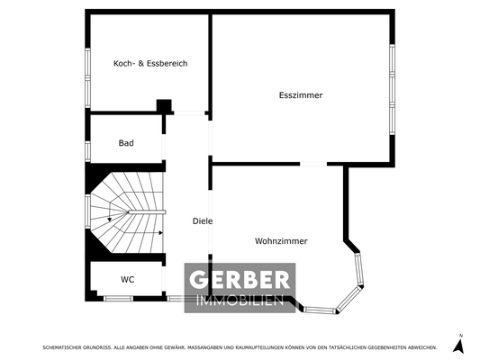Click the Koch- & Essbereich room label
pyautogui.click(x=149, y=64)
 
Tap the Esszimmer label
pyautogui.click(x=301, y=95)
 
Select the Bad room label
pyautogui.click(x=127, y=143)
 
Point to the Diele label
pyautogui.click(x=202, y=221)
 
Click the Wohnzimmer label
pyautogui.click(x=281, y=241)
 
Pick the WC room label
pyautogui.click(x=127, y=279)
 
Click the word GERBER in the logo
pyautogui.click(x=239, y=280)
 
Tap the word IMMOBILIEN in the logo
pyautogui.click(x=239, y=301)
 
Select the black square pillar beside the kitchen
pyautogui.click(x=164, y=106)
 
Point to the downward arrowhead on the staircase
pyautogui.click(x=109, y=218)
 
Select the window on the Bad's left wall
pyautogui.click(x=87, y=145)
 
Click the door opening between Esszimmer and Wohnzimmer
pyautogui.click(x=313, y=164)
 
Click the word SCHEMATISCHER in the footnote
pyautogui.click(x=61, y=346)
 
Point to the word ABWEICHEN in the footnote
pyautogui.click(x=421, y=346)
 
